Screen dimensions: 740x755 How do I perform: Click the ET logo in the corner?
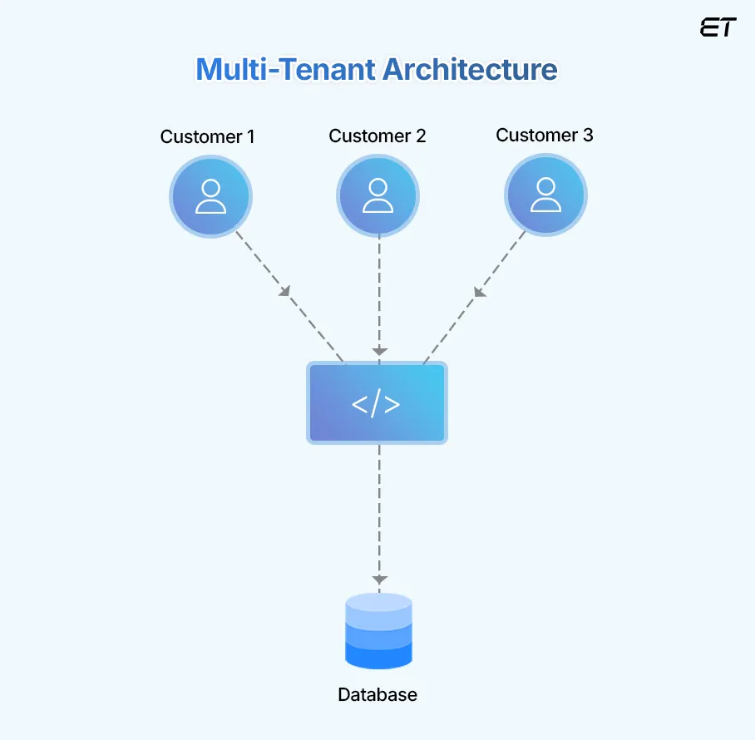click(718, 27)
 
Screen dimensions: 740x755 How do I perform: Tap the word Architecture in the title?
click(470, 69)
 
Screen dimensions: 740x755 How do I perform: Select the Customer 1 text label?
click(208, 136)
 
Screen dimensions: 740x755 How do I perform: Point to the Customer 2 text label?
click(377, 136)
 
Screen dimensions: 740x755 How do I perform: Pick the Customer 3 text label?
click(545, 136)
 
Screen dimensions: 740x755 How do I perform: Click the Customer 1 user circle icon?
click(210, 196)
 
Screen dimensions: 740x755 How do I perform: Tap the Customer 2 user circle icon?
click(378, 196)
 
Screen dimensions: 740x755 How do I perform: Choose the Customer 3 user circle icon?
click(545, 196)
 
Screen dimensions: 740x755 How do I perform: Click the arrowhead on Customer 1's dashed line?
click(285, 291)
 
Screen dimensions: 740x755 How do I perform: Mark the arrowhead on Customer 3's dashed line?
click(480, 291)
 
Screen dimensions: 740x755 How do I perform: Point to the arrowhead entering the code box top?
click(379, 352)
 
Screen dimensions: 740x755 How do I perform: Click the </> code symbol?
click(377, 404)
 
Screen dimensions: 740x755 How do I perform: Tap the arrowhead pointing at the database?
click(379, 579)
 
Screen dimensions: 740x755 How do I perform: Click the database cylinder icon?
click(378, 632)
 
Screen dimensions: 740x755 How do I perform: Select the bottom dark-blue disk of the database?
click(378, 657)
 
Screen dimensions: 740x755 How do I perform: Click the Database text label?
click(377, 694)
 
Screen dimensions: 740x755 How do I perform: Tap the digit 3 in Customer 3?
click(587, 136)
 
